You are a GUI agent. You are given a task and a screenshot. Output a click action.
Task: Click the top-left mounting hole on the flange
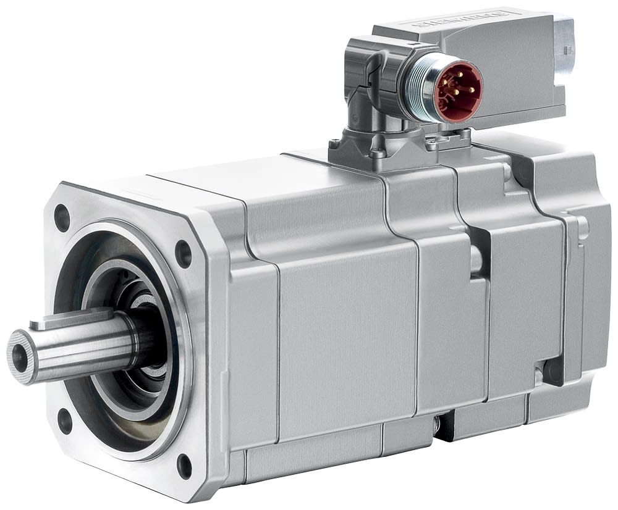[62, 217]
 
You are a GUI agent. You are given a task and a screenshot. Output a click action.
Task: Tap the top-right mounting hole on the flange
[184, 252]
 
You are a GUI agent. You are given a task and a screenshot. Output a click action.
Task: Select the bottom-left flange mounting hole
[64, 422]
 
